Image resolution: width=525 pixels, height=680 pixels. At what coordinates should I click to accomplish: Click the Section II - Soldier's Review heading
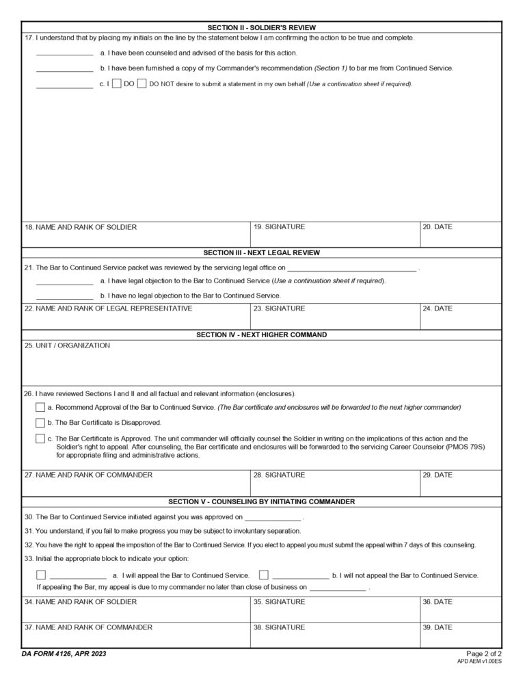(262, 27)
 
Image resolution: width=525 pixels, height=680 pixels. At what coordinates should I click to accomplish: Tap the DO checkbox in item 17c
(117, 84)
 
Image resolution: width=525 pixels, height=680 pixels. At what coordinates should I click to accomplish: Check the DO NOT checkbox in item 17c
(142, 84)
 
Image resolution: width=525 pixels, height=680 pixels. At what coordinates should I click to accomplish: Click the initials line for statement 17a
(64, 53)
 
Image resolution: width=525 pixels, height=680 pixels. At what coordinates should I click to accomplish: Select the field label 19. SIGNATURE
(279, 227)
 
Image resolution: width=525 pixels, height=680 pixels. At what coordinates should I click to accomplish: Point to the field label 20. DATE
(437, 227)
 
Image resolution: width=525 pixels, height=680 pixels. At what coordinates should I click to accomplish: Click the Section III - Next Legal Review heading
(262, 253)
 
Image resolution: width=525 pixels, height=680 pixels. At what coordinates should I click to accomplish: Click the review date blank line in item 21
(351, 268)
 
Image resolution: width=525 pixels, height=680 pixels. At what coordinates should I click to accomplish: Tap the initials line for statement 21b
(64, 296)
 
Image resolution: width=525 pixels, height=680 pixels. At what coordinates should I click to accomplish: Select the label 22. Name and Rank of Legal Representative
(108, 309)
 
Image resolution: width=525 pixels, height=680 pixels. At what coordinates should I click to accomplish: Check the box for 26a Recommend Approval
(40, 408)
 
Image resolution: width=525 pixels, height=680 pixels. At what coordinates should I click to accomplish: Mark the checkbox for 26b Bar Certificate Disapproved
(40, 423)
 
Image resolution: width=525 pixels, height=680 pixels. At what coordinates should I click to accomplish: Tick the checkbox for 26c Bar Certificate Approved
(40, 439)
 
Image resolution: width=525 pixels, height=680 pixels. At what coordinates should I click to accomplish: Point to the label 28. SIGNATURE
(279, 475)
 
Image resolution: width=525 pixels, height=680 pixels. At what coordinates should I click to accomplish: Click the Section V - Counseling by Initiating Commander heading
(262, 501)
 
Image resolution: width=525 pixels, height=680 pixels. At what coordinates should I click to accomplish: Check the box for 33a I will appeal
(41, 575)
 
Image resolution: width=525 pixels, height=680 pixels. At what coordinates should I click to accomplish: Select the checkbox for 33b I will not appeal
(264, 575)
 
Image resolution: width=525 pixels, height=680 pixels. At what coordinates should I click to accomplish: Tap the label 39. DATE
(437, 627)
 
